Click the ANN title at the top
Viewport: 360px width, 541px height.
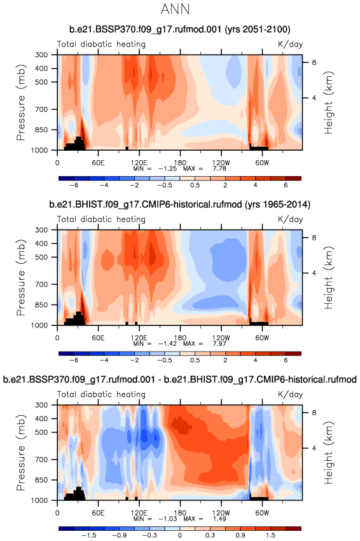click(x=176, y=9)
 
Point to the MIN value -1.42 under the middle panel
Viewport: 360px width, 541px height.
click(x=167, y=344)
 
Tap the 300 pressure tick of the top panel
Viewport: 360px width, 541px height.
click(x=41, y=55)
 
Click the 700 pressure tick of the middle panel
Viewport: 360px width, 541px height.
click(x=41, y=284)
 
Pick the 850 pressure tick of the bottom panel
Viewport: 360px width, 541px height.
click(x=41, y=480)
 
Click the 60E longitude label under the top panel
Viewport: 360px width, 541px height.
click(x=98, y=163)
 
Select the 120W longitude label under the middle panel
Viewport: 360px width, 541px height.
click(x=221, y=338)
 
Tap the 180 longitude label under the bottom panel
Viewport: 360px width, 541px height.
click(x=180, y=512)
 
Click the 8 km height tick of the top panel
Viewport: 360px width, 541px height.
click(x=314, y=62)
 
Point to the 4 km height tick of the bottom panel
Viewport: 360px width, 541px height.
click(x=314, y=448)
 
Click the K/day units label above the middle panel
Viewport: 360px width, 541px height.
click(x=290, y=219)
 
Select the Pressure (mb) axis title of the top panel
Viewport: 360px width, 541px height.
click(x=21, y=102)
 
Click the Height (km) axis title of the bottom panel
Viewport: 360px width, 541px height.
click(x=329, y=453)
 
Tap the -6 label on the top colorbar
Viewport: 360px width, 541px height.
click(x=74, y=185)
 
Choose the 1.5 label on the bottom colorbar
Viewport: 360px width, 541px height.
click(x=270, y=535)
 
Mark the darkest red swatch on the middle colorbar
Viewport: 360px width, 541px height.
click(x=293, y=353)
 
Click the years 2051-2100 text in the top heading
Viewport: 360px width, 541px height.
click(x=258, y=29)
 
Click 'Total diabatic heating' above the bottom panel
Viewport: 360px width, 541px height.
click(x=101, y=394)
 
